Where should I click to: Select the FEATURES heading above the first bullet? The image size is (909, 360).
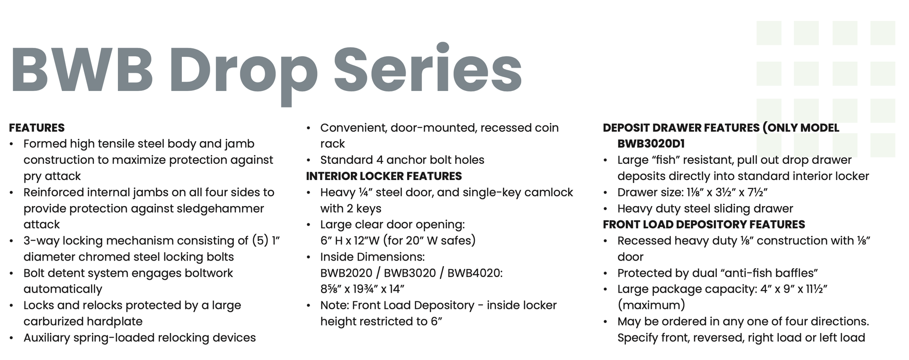[37, 128]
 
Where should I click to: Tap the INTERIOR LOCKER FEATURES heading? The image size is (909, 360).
[384, 176]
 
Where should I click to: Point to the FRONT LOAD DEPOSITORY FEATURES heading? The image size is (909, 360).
[704, 225]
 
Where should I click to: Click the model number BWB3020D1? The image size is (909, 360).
[651, 144]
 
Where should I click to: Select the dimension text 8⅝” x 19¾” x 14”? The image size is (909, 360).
[362, 289]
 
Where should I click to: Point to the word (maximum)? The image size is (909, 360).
[651, 306]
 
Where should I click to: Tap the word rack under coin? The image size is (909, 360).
[332, 144]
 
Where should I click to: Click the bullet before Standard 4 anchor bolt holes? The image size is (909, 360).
[309, 161]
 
